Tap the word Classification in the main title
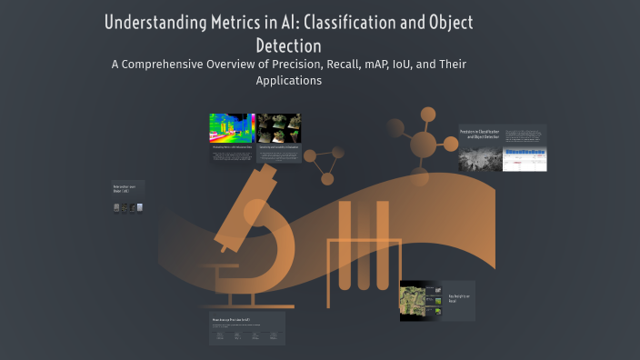(x=364, y=23)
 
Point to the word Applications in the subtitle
(x=289, y=80)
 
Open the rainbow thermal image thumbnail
(x=231, y=128)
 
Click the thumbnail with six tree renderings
(x=279, y=128)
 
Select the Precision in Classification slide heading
(x=479, y=134)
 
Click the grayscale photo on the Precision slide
(x=479, y=159)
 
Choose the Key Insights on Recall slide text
(x=460, y=299)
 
